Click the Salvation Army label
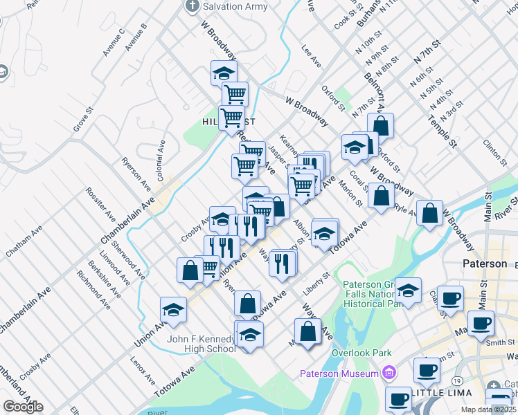(235, 6)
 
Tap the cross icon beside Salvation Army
(193, 6)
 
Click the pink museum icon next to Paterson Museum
(388, 373)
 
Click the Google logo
(23, 407)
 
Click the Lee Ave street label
(312, 57)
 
